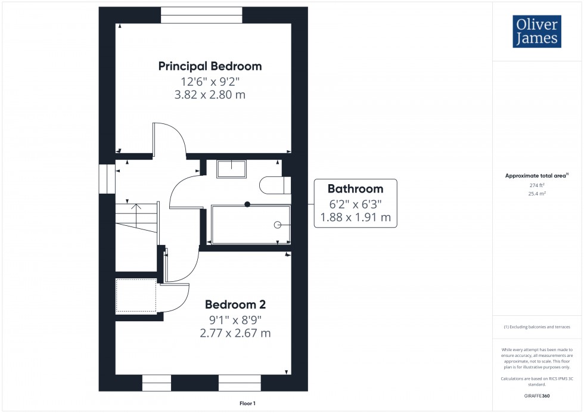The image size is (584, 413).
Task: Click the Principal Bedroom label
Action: tap(210, 66)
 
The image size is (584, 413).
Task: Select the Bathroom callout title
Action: tap(355, 189)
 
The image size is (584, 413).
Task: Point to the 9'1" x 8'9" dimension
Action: tap(235, 319)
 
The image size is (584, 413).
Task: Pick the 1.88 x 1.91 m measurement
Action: tap(355, 218)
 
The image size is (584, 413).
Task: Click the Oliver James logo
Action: tap(536, 32)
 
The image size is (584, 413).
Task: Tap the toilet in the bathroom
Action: tap(275, 185)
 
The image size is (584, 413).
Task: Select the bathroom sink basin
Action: tap(231, 169)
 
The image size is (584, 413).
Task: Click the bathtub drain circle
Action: tap(278, 225)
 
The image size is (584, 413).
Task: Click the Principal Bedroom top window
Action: tap(201, 15)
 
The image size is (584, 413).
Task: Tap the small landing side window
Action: tap(107, 179)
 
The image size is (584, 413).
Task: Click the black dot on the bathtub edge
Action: tap(247, 204)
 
